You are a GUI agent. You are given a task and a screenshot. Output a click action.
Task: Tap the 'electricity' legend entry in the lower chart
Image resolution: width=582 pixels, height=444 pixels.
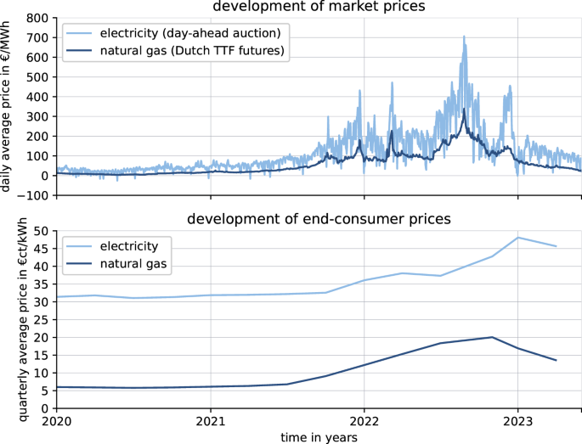pyautogui.click(x=140, y=246)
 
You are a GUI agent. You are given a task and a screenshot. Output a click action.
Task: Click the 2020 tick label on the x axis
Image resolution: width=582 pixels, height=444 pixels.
pyautogui.click(x=56, y=421)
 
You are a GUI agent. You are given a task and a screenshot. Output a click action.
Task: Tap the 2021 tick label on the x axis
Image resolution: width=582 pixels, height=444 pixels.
pyautogui.click(x=210, y=421)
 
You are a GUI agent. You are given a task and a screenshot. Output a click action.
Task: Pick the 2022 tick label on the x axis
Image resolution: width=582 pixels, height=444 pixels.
pyautogui.click(x=364, y=421)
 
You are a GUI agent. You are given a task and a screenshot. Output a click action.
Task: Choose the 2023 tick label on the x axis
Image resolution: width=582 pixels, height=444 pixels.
pyautogui.click(x=517, y=421)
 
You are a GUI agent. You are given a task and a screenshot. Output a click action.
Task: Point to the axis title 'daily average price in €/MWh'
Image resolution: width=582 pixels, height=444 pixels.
pyautogui.click(x=8, y=106)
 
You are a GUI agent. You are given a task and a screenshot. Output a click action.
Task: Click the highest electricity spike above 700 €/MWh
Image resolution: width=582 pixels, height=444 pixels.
pyautogui.click(x=464, y=37)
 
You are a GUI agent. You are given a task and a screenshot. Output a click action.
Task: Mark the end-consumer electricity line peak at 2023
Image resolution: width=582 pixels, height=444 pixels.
pyautogui.click(x=517, y=237)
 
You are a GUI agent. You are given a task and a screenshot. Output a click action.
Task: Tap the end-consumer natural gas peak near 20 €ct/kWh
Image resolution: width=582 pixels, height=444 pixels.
pyautogui.click(x=492, y=337)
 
